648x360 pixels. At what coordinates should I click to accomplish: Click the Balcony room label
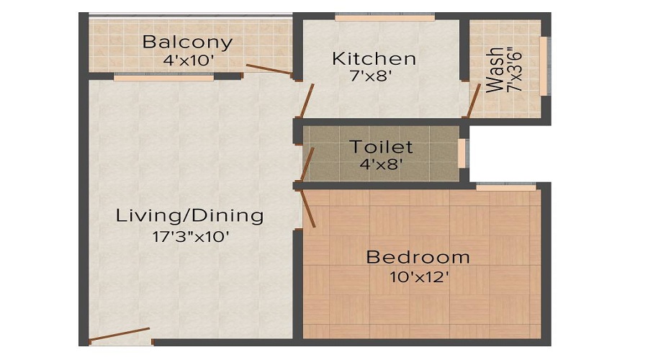[x=187, y=41]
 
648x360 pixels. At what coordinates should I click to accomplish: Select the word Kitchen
[x=374, y=58]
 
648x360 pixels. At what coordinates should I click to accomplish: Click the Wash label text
[x=495, y=70]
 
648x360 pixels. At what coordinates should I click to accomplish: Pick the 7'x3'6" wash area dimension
[x=513, y=69]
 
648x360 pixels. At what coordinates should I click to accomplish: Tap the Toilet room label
[x=381, y=147]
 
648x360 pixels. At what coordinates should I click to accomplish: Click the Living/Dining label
[x=190, y=215]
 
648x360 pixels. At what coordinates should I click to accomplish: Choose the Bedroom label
[x=418, y=256]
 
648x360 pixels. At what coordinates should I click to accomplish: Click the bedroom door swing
[x=307, y=208]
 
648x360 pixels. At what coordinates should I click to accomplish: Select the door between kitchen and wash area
[x=473, y=101]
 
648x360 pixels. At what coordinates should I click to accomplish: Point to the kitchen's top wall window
[x=384, y=17]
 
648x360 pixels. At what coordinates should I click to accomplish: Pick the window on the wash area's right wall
[x=544, y=66]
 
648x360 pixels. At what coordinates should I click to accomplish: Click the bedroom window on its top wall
[x=506, y=187]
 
